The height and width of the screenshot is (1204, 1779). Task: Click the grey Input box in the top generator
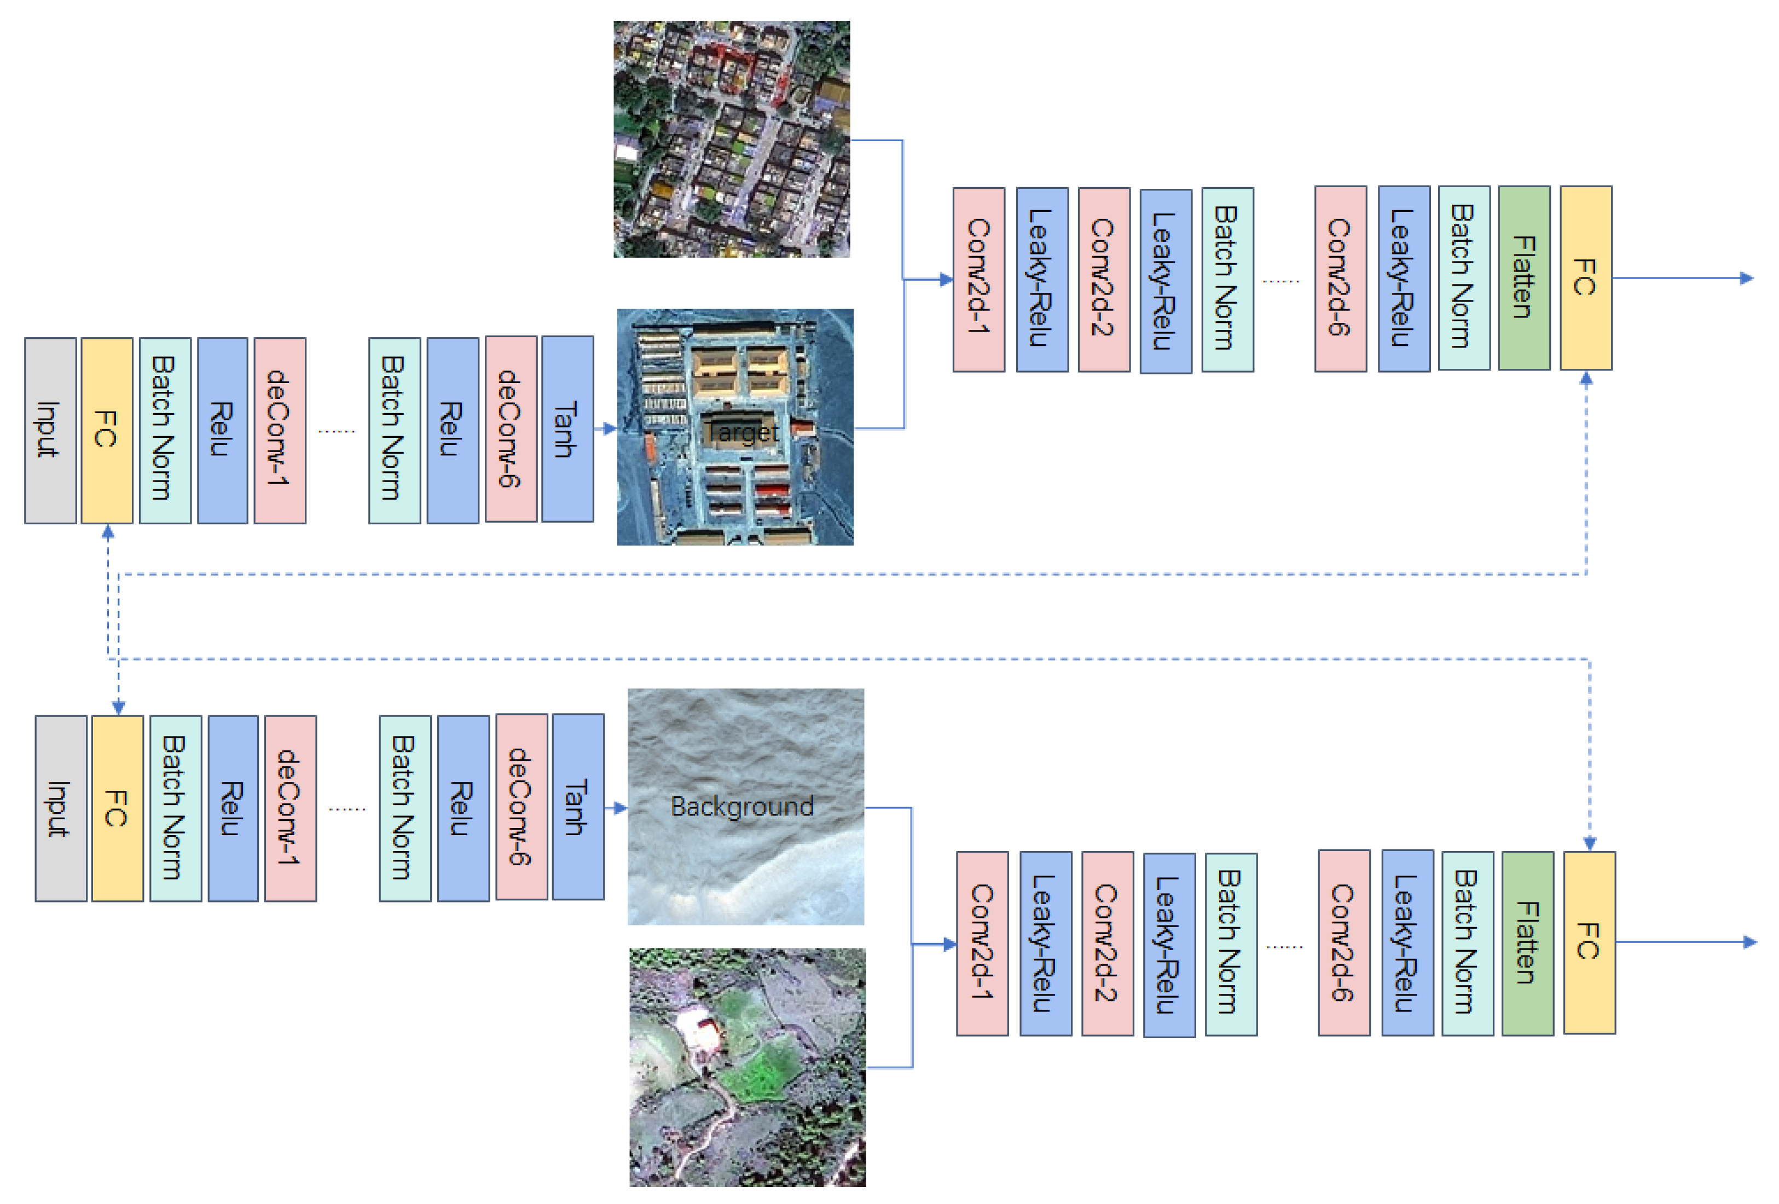pos(50,430)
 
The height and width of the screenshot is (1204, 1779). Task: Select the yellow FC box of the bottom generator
pos(117,808)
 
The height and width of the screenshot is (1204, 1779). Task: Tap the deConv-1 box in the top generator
pos(280,430)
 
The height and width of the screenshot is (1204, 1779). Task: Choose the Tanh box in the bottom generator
pos(578,807)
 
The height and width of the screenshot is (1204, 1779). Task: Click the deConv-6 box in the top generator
pos(511,429)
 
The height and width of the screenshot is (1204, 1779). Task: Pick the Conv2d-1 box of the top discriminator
pos(978,279)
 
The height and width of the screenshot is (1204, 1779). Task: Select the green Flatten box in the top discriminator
pos(1523,278)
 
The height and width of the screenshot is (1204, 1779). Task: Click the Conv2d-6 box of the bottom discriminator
pos(1343,942)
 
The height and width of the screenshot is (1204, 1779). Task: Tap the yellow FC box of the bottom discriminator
pos(1589,942)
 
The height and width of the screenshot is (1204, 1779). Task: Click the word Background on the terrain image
pos(741,806)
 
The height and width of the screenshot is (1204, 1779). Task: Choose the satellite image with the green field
pos(747,1067)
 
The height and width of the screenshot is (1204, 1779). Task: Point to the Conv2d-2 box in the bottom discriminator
pos(1107,943)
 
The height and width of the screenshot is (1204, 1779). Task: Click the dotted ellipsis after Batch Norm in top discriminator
pos(1280,281)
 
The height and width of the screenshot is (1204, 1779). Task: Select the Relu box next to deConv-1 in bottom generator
pos(233,808)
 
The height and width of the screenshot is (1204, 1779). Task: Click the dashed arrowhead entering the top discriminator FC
pos(1586,378)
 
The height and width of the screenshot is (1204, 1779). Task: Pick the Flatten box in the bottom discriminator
pos(1527,943)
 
